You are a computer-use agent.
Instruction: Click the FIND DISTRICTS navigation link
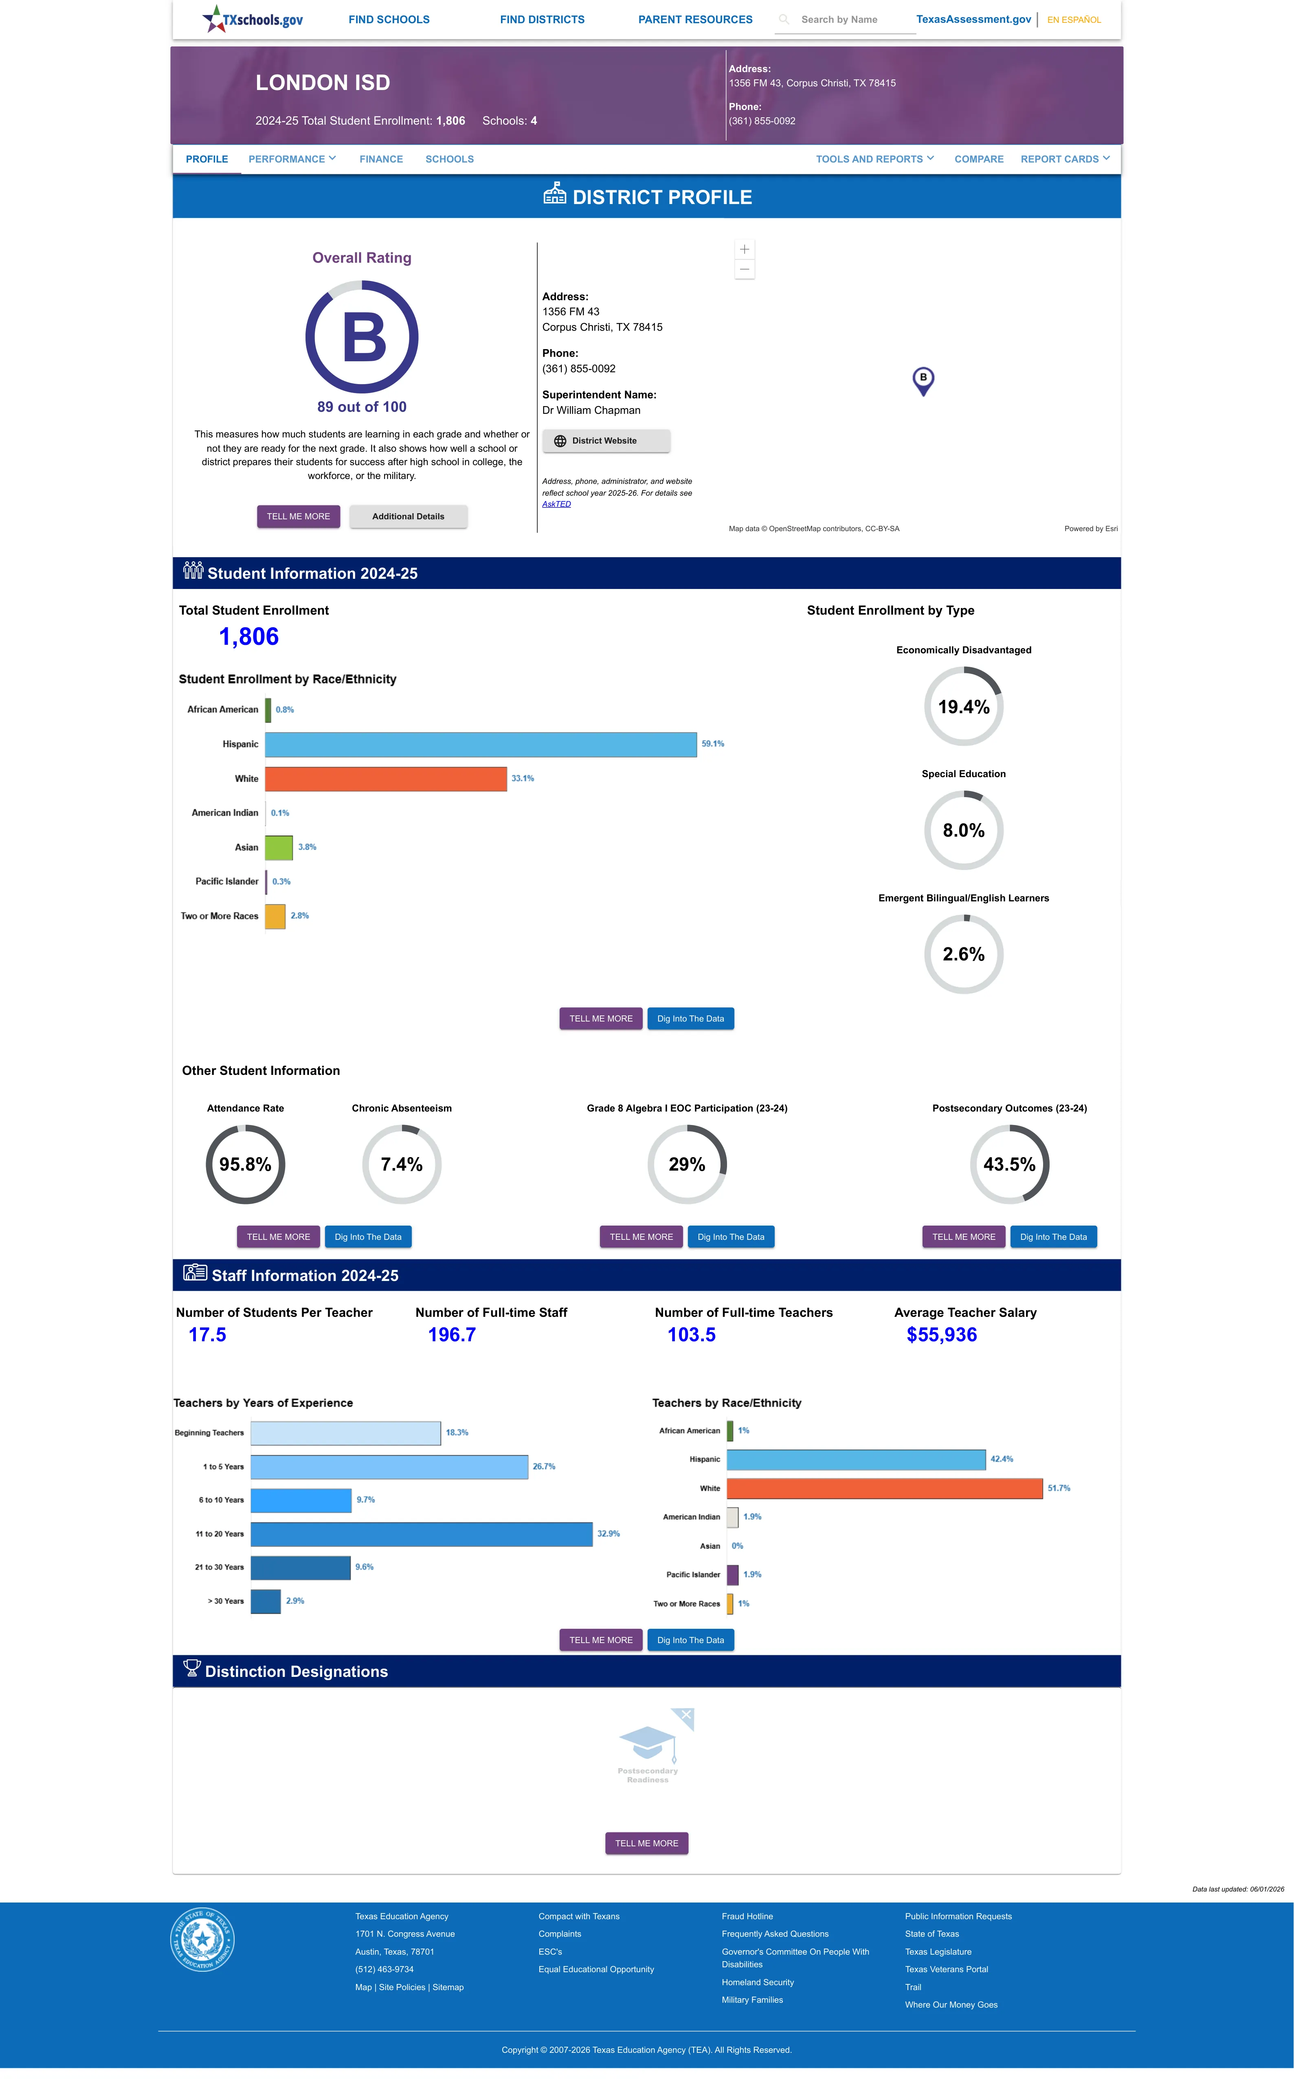tap(542, 20)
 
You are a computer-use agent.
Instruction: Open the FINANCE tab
tap(381, 159)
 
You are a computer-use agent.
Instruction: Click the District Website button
tap(606, 441)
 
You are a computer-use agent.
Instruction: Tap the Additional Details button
tap(408, 517)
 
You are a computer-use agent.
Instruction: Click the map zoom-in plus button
tap(745, 249)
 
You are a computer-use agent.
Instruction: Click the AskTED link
tap(556, 504)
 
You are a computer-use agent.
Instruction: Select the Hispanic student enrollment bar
tap(481, 744)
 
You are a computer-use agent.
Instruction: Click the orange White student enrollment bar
tap(386, 778)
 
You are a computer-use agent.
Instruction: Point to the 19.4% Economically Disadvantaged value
tap(964, 707)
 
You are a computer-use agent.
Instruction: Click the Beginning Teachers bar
tap(346, 1433)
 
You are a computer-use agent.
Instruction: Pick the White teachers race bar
tap(885, 1489)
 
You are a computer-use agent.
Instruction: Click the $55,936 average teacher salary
tap(941, 1335)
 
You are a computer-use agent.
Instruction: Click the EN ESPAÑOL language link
tap(1074, 20)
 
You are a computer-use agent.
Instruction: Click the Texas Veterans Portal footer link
tap(947, 1969)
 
